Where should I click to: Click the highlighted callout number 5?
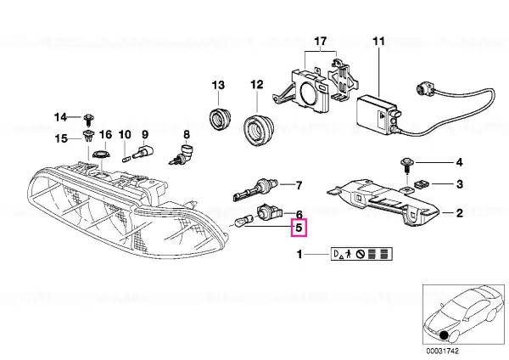299,228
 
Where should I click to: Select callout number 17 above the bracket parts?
320,42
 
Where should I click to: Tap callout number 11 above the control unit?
379,42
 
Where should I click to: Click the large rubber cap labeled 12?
259,129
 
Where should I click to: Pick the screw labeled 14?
88,120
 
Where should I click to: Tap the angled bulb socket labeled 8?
182,155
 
